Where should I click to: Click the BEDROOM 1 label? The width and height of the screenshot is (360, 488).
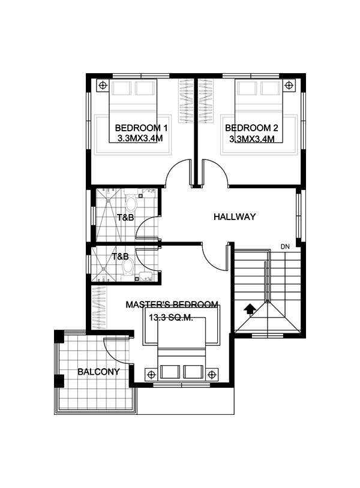141,128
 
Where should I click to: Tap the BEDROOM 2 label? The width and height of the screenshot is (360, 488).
251,128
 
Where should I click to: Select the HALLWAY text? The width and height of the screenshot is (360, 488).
235,216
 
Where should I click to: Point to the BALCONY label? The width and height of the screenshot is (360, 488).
98,372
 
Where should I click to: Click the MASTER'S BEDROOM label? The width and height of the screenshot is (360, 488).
172,305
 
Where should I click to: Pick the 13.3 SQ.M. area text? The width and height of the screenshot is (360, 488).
171,318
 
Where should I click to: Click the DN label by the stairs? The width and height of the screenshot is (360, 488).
285,247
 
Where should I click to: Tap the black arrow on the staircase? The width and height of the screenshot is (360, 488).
250,310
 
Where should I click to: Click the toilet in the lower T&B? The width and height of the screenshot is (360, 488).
127,268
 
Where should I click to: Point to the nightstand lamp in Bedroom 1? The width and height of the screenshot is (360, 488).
103,85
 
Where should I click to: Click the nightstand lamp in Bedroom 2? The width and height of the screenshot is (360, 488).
289,85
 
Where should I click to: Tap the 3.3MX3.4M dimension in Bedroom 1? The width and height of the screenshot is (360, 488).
140,138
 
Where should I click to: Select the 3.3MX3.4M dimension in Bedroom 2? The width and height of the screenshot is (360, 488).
251,138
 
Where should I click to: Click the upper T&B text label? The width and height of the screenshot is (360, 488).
125,217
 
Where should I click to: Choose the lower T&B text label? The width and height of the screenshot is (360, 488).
120,257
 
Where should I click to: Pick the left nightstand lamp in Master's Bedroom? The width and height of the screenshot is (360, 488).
151,374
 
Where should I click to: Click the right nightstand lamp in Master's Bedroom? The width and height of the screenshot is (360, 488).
212,374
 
